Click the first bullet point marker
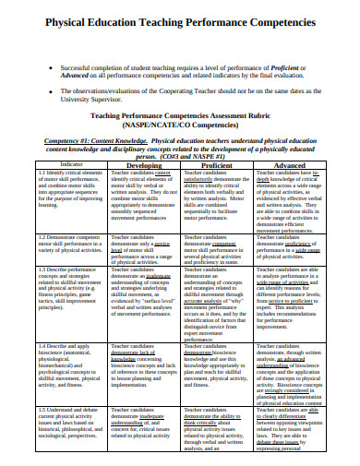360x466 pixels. coord(51,68)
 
